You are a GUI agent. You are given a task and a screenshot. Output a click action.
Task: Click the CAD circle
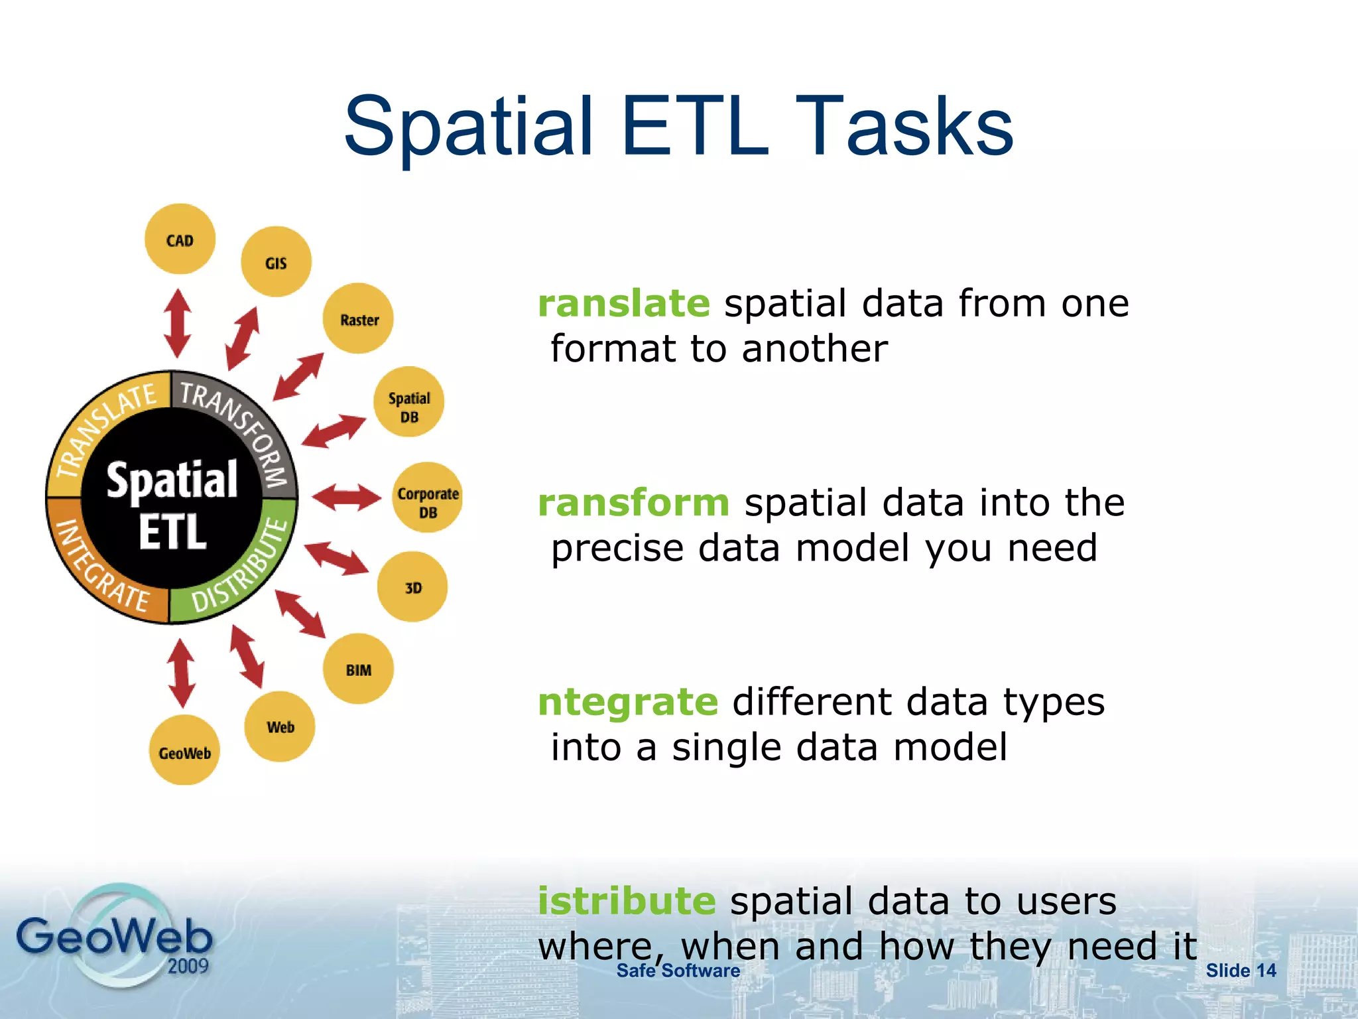(x=180, y=239)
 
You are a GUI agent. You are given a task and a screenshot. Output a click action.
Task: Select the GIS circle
(x=276, y=262)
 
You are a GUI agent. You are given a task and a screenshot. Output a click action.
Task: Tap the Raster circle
(x=358, y=318)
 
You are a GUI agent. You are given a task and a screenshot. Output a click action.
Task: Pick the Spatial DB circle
(x=409, y=402)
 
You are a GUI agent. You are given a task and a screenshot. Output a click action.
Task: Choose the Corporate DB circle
(x=428, y=498)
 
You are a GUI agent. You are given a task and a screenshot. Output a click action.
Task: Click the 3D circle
(x=412, y=587)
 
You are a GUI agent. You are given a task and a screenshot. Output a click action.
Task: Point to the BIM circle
(x=358, y=669)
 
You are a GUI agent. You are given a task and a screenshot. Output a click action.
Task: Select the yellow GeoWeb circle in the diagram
(x=184, y=750)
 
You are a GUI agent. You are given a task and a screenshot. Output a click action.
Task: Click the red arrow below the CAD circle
(x=177, y=323)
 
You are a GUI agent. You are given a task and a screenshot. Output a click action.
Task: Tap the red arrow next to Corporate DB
(x=346, y=498)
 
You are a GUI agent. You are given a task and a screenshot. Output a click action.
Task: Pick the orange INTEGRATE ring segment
(x=99, y=571)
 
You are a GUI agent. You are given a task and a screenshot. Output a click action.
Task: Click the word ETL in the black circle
(x=172, y=532)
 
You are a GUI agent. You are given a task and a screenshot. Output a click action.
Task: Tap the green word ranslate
(x=623, y=304)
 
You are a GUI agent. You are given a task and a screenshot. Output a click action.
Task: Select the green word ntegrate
(x=627, y=702)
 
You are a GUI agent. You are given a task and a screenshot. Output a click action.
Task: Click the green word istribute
(x=626, y=901)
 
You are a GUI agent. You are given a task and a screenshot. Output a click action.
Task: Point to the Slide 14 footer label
(x=1240, y=971)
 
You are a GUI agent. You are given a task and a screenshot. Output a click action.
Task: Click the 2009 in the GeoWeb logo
(x=188, y=965)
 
